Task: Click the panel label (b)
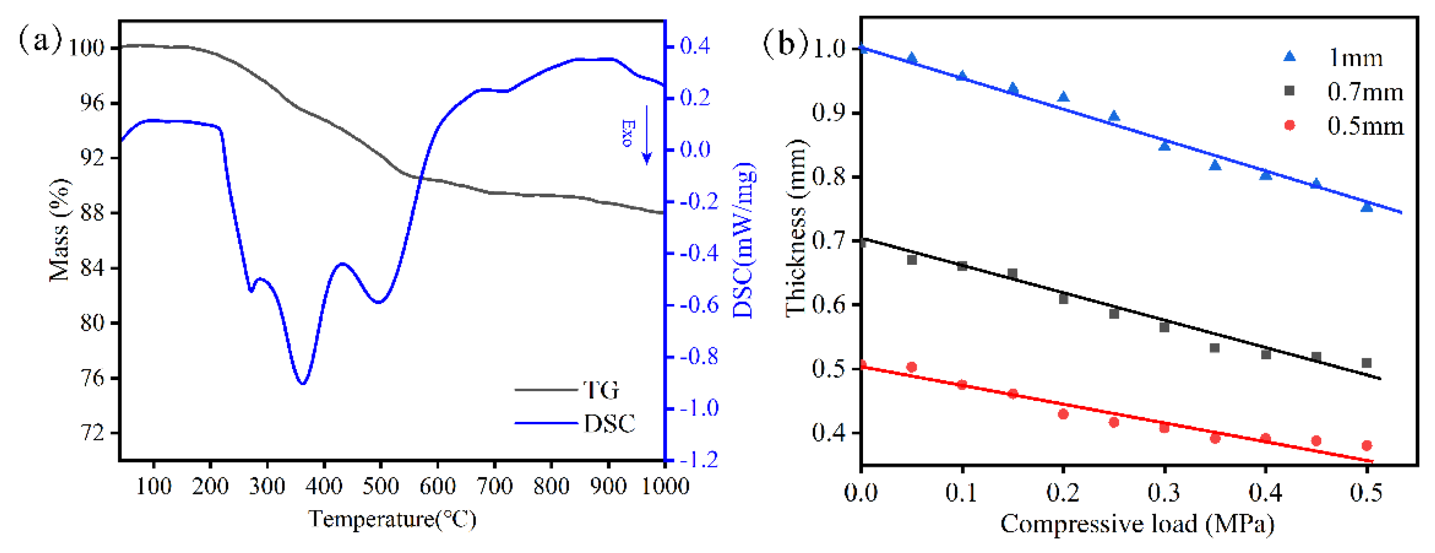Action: (x=785, y=42)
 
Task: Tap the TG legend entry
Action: (x=600, y=390)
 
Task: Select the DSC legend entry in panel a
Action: (x=609, y=424)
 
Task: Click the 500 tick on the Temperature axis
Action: (x=380, y=486)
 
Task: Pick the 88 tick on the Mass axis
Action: (x=92, y=214)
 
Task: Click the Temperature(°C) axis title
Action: (x=392, y=520)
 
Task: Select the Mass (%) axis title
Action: (x=60, y=230)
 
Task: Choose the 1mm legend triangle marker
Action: (x=1289, y=56)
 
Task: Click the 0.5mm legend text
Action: (x=1365, y=126)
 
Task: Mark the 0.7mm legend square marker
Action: (x=1289, y=91)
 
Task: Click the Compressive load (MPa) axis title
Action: (x=1137, y=524)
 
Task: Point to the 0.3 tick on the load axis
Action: (x=1164, y=492)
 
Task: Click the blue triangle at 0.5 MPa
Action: (x=1366, y=206)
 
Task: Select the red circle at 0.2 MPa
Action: (x=1063, y=414)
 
